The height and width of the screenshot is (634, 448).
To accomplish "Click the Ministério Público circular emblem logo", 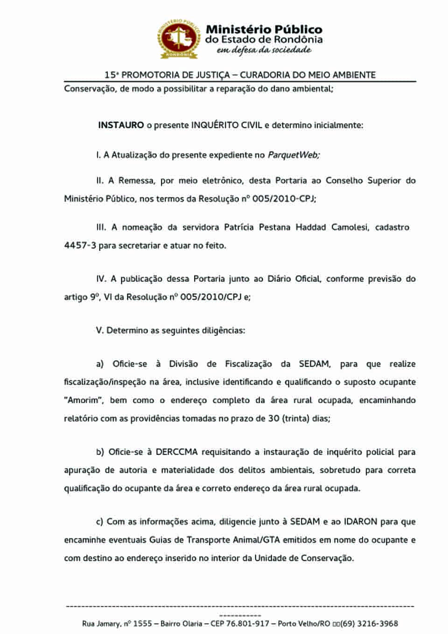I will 179,39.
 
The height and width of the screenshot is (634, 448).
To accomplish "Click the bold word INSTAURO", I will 121,125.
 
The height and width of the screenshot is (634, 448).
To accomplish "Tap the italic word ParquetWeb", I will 294,155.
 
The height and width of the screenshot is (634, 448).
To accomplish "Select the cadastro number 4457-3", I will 80,245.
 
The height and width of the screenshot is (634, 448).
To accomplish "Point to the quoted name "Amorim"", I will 84,400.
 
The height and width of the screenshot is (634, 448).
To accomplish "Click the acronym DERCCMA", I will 177,452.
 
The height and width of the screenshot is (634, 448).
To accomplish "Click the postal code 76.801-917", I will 248,624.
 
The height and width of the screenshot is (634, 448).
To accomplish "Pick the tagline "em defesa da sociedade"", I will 264,50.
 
